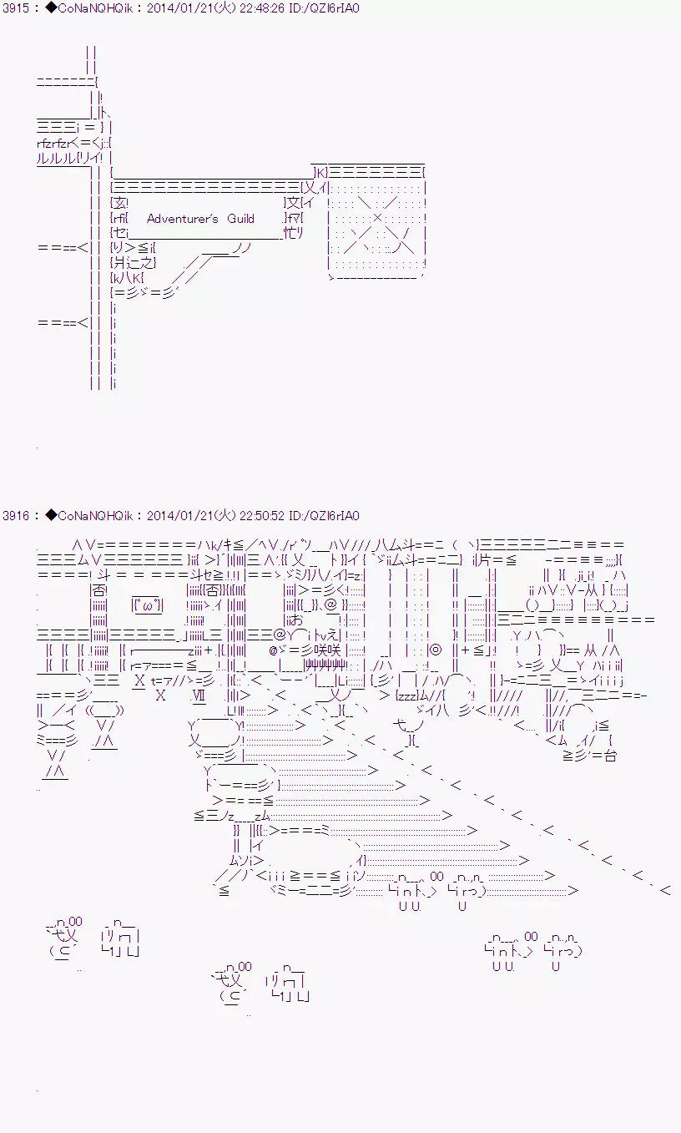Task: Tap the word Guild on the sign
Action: pos(240,219)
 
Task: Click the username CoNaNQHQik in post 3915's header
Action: pos(92,8)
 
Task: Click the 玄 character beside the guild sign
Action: pos(120,203)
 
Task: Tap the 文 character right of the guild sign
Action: pos(291,203)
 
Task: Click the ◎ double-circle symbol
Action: pos(435,650)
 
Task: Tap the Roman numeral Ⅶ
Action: pos(198,695)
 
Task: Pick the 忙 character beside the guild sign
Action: pos(290,234)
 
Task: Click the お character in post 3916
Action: pos(297,620)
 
